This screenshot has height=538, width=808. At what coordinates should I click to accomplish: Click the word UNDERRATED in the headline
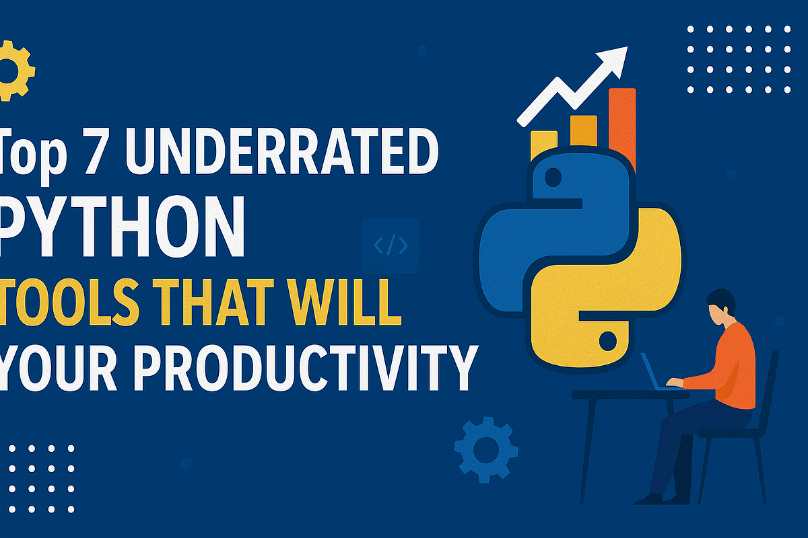[281, 154]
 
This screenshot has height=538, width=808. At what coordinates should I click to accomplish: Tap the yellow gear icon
[15, 70]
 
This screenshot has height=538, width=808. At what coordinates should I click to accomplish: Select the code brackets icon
[391, 246]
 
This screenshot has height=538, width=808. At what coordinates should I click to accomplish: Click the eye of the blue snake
[552, 178]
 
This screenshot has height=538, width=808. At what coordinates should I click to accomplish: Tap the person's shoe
[650, 498]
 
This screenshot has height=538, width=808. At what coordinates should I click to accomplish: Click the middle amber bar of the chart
[583, 131]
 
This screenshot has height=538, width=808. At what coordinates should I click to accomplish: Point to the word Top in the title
[30, 154]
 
